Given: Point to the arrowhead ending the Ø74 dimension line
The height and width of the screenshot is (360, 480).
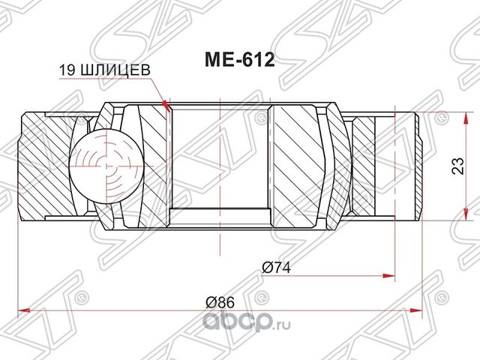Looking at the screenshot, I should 391,273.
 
